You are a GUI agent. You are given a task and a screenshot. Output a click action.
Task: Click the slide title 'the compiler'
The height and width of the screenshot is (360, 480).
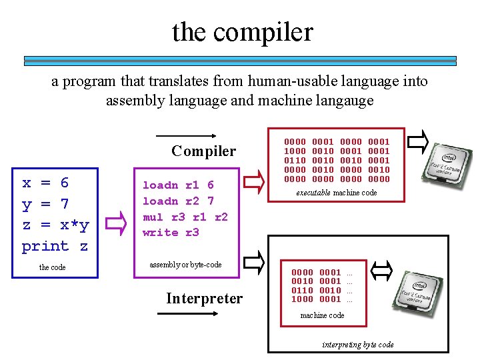tap(242, 31)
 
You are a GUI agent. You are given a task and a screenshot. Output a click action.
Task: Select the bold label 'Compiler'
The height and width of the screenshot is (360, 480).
tap(203, 151)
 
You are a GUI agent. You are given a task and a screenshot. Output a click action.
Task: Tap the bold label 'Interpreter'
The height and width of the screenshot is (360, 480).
tap(204, 298)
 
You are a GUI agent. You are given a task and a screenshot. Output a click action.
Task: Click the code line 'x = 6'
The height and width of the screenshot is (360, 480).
tap(45, 183)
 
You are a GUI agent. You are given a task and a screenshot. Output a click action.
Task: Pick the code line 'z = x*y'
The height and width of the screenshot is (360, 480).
tap(55, 225)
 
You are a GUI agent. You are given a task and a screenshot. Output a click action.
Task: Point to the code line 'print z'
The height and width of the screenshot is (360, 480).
tap(55, 246)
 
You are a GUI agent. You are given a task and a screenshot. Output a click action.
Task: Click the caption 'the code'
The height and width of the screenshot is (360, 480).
tap(53, 267)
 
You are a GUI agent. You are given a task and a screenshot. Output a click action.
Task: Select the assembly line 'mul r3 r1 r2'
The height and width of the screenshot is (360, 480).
tap(185, 217)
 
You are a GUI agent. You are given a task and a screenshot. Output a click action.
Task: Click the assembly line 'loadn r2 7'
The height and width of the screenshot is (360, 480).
tap(178, 201)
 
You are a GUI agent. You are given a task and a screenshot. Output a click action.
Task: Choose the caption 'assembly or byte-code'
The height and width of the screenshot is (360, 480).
tap(185, 265)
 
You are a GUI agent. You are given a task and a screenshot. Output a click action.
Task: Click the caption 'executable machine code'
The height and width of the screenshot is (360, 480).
tap(337, 193)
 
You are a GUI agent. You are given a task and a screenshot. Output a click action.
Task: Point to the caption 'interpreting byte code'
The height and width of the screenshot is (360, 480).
tap(357, 345)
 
